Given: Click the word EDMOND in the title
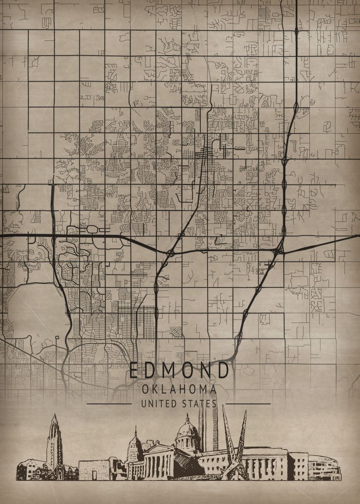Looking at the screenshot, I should pos(179,370).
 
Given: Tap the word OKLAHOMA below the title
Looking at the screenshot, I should pos(179,389).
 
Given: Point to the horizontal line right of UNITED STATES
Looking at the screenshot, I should pos(251,404).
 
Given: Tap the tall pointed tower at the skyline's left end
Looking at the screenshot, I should pos(54,439).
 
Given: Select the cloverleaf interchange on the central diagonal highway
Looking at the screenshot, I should pos(171,253).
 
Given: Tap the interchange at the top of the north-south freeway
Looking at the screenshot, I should pos(297,30).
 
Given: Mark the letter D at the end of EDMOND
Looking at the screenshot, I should pos(224,370).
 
